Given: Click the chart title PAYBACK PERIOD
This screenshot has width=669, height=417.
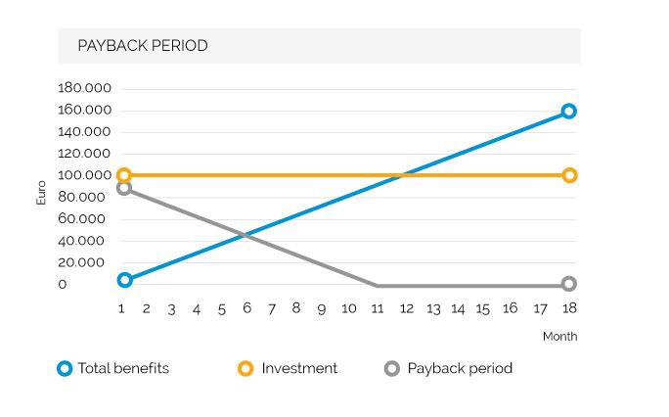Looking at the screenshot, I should (143, 46).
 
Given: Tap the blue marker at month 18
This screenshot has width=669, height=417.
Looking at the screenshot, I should (568, 112).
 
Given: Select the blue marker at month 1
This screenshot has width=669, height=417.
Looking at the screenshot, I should (124, 280).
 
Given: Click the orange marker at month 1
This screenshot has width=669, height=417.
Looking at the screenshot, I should (124, 176).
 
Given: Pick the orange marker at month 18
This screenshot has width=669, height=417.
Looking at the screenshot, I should (568, 176).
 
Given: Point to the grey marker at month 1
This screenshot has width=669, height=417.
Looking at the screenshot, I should (124, 188).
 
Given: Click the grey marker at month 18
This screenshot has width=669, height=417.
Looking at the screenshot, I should (568, 284).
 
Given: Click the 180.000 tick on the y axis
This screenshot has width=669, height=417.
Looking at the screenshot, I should (85, 89).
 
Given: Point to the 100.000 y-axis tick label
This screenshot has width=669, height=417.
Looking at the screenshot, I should (85, 176).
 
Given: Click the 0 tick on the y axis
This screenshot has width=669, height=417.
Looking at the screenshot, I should (63, 285).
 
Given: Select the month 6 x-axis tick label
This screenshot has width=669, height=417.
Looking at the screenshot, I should (246, 308).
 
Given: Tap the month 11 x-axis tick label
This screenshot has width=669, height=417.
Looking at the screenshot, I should (377, 308).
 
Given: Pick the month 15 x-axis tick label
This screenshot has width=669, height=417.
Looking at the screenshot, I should (483, 308).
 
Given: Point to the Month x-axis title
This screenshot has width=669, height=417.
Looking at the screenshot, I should (559, 337).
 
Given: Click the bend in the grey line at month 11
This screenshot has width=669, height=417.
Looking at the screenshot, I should (378, 286).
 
